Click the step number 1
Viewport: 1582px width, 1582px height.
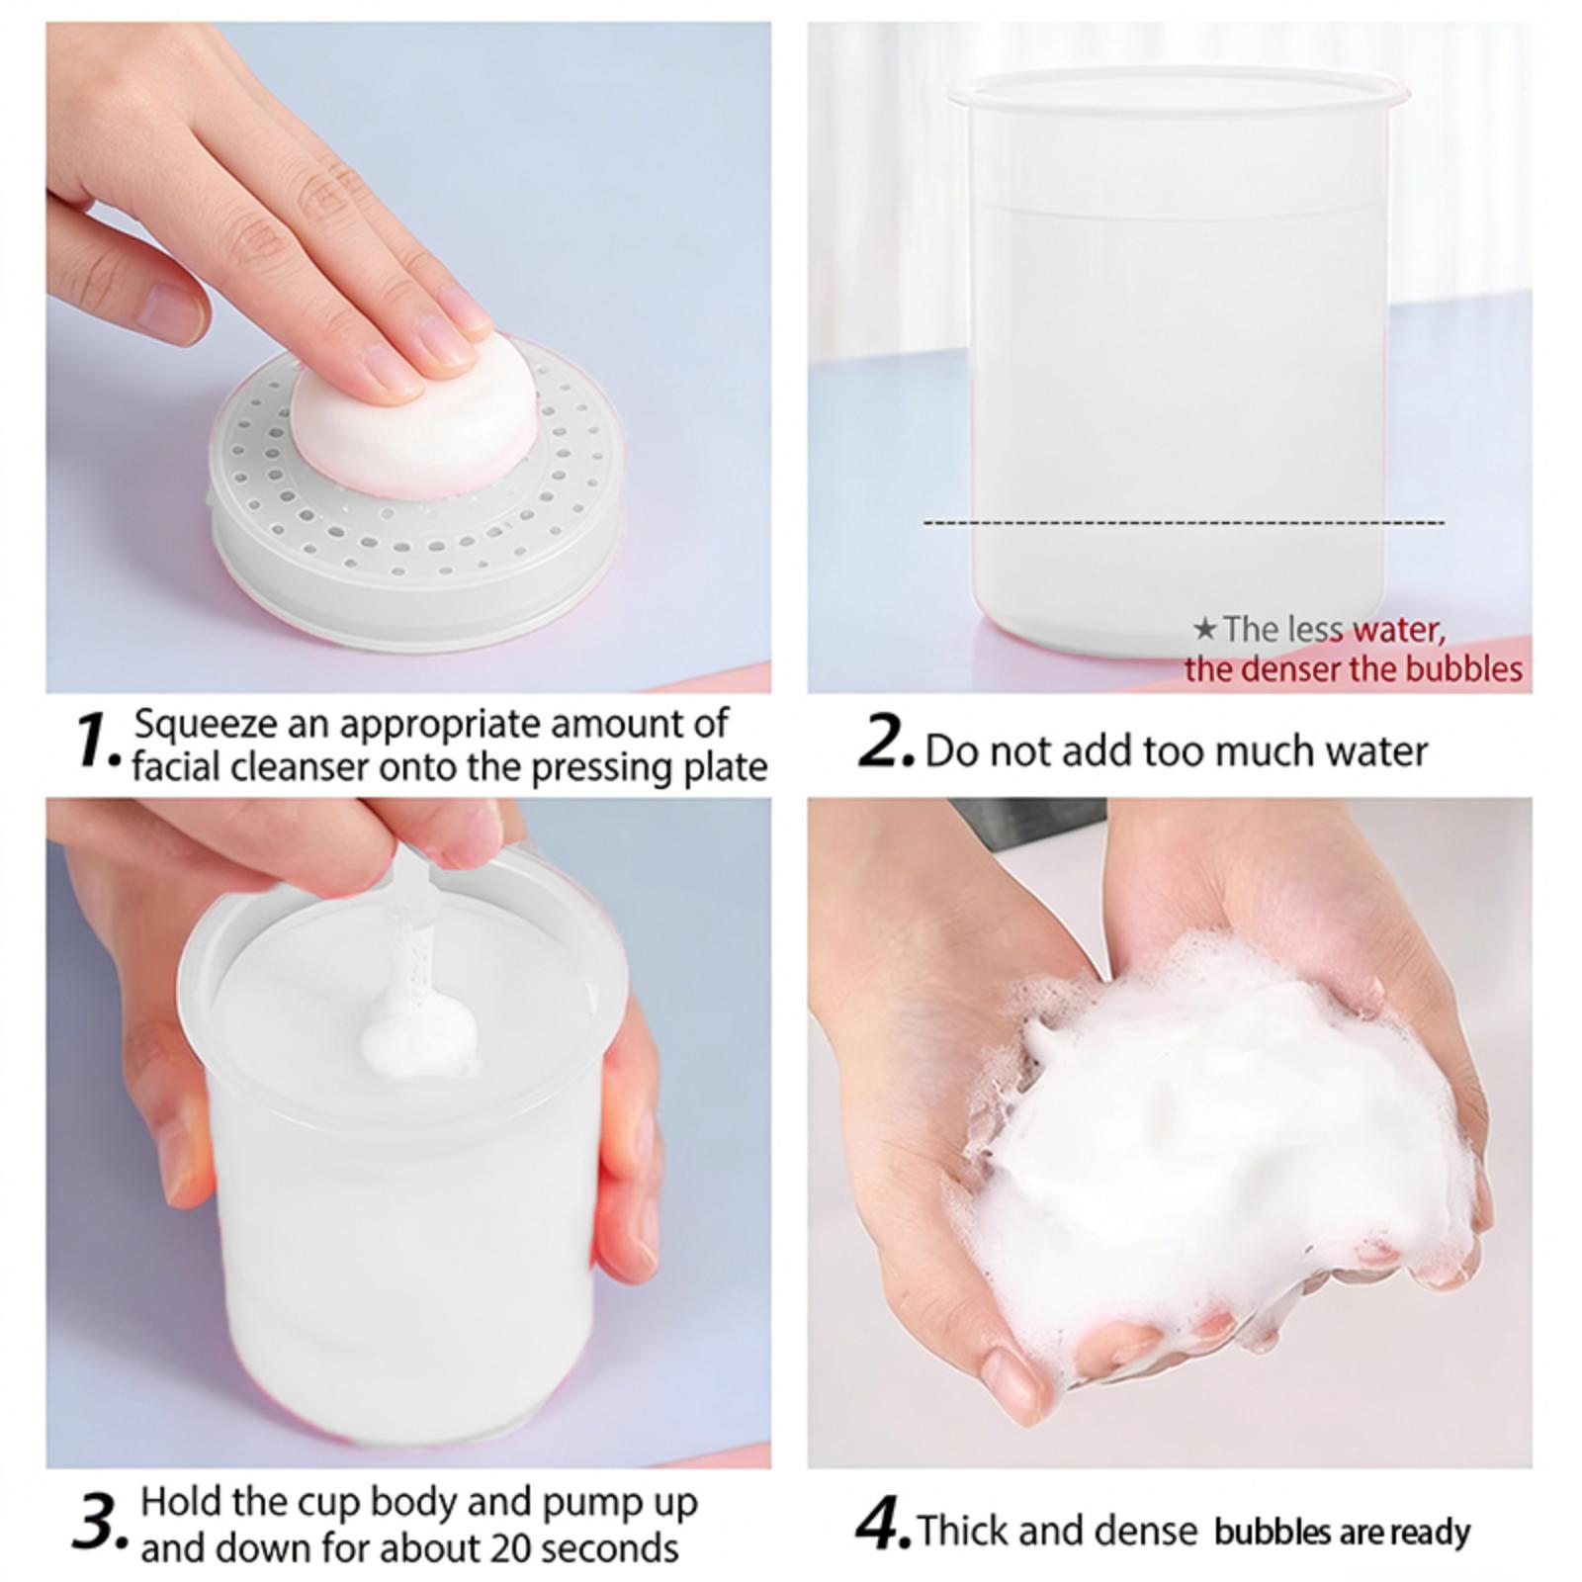coord(98,741)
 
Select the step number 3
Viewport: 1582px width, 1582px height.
coord(100,1523)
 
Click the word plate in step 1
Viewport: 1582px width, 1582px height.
coord(726,769)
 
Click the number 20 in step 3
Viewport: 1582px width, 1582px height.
coord(507,1547)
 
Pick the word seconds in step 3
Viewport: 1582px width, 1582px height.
coord(610,1547)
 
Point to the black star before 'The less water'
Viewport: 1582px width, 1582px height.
coord(1204,628)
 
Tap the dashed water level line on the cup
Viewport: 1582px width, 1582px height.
coord(1184,522)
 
